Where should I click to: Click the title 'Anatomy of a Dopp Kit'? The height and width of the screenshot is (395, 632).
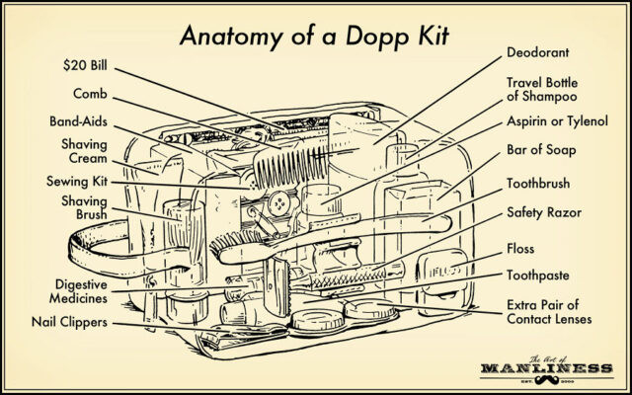(x=315, y=39)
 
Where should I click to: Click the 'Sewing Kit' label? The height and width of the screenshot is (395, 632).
(x=77, y=182)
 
